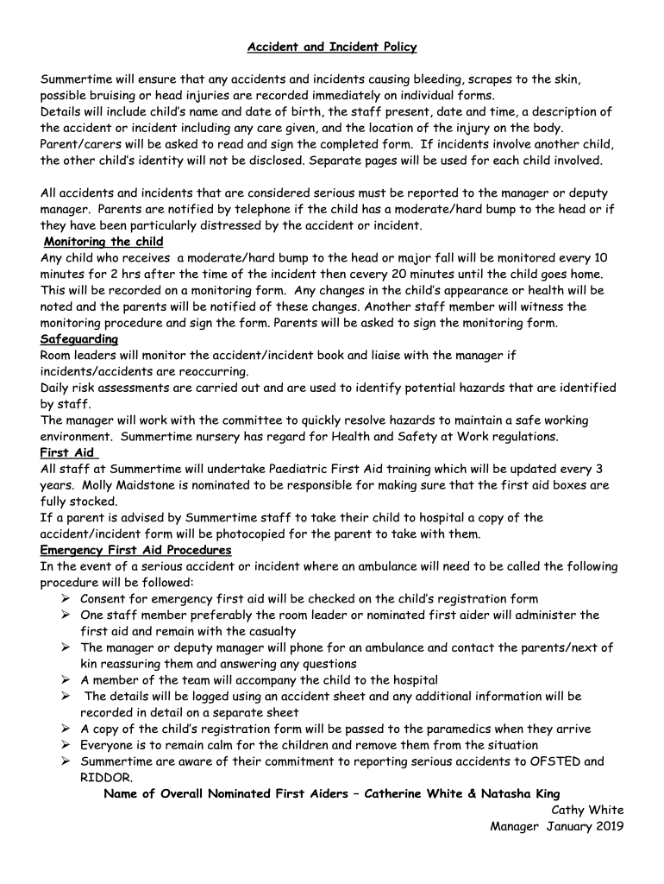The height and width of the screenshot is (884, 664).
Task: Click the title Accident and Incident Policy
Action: point(332,47)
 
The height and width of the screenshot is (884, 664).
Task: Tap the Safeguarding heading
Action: point(78,339)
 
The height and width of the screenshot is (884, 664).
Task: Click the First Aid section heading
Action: point(67,452)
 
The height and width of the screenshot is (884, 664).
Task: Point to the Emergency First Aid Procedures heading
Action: point(135,550)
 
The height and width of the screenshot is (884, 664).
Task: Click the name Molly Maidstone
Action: point(121,485)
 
